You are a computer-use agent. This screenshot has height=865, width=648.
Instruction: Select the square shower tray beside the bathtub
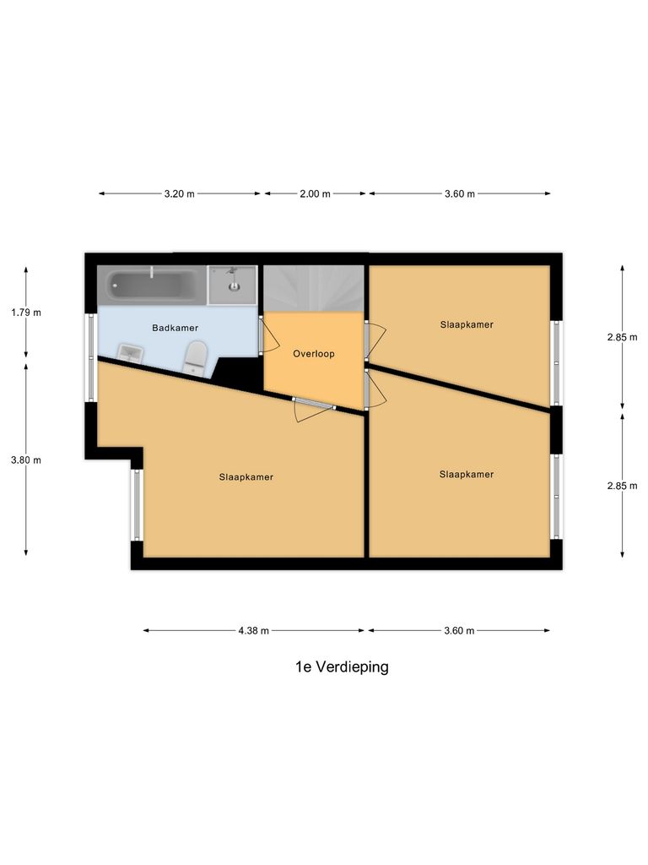click(233, 285)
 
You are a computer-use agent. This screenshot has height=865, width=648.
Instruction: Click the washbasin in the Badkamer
click(130, 353)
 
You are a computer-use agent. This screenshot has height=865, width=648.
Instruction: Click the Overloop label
click(314, 354)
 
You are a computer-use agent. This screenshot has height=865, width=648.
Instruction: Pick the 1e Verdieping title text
click(342, 666)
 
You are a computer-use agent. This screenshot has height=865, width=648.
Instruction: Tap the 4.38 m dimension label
click(253, 630)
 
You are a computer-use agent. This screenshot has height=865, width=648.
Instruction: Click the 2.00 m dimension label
click(315, 193)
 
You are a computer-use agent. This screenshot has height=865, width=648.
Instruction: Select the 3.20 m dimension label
click(179, 193)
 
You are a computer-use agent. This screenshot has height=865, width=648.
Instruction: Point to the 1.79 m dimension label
click(26, 312)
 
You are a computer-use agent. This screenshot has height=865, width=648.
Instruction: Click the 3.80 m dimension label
click(26, 460)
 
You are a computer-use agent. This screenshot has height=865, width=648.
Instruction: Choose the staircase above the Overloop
click(314, 288)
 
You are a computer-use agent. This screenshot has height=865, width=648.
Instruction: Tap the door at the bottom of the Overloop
click(313, 403)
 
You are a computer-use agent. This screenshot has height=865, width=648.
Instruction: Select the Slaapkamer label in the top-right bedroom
click(467, 324)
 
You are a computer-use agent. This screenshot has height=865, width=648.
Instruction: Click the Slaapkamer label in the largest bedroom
click(246, 477)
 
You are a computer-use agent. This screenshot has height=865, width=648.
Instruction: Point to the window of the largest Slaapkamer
click(136, 504)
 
